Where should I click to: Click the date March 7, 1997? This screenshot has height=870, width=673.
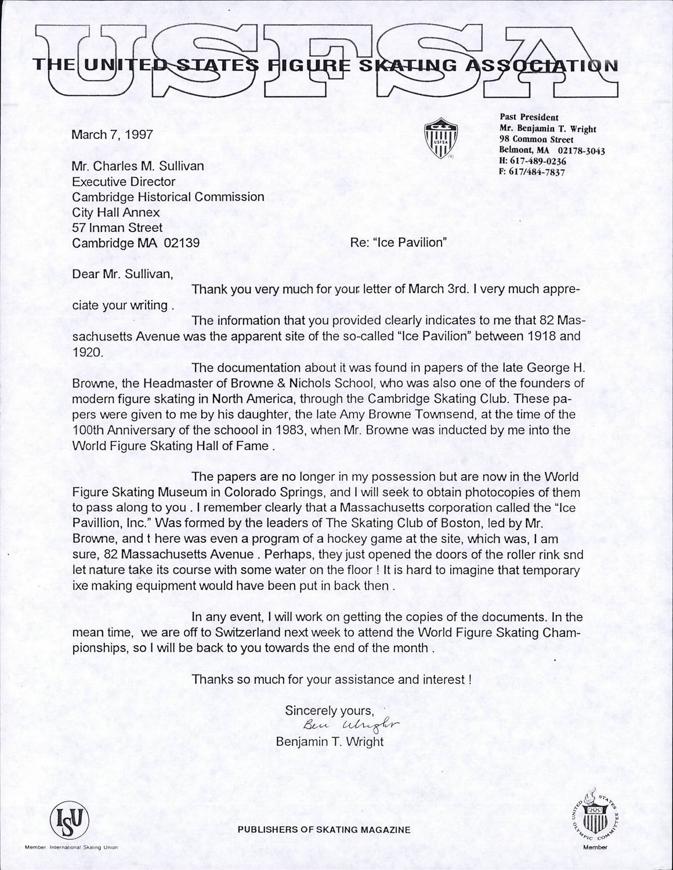point(112,135)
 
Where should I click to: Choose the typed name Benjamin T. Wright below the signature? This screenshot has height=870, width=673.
point(330,742)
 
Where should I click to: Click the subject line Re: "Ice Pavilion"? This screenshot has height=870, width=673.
point(398,242)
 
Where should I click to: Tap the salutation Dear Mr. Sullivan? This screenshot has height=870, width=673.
point(122,274)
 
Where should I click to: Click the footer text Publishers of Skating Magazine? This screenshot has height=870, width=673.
point(324,830)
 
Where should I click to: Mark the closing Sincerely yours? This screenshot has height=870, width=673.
point(328,710)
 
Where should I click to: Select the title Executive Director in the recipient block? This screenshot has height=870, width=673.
point(123,182)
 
